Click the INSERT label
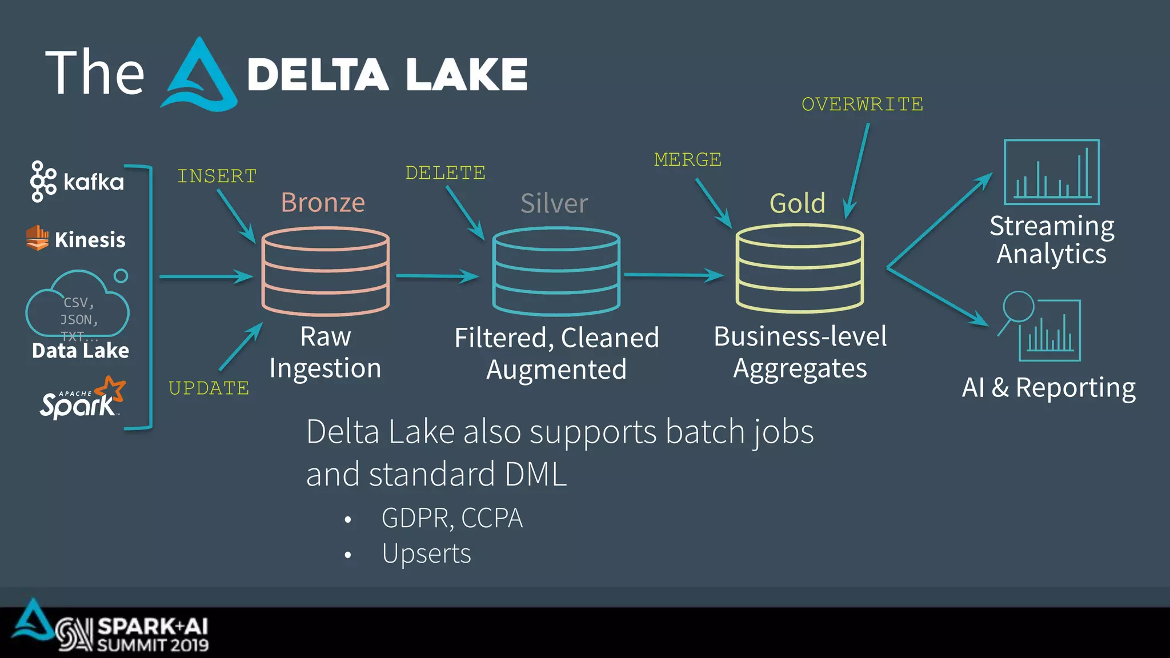coord(217,176)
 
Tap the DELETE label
coord(445,172)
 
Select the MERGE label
coord(687,159)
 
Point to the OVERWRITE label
coord(862,105)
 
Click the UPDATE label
coord(209,388)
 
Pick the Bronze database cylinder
coord(326,271)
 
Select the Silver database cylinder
coord(556,271)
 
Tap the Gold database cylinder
coord(800,268)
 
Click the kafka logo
coord(77,182)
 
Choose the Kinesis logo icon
coord(38,238)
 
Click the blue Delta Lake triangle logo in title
coord(199,75)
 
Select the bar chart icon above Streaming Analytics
coord(1051,172)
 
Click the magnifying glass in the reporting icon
coord(1018,307)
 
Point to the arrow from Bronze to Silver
coord(437,276)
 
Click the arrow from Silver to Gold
coord(674,275)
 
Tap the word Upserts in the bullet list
coord(426,553)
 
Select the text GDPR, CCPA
coord(452,518)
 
